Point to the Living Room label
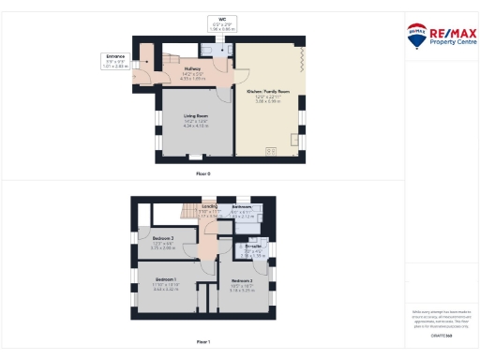tap(196, 119)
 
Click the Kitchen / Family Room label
tap(268, 95)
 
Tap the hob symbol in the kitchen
tap(273, 152)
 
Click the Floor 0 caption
tap(202, 174)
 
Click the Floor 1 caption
tap(202, 342)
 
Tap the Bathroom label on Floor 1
tap(242, 211)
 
